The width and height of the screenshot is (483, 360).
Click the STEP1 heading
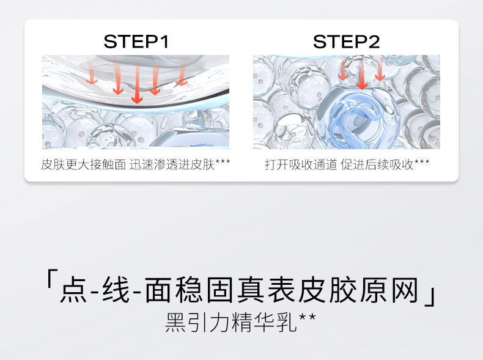136,42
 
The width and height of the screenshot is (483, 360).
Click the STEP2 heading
346,42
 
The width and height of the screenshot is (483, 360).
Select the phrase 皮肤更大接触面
84,164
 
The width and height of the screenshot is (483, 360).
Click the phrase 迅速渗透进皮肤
172,164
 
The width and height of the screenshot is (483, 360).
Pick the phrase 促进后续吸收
377,164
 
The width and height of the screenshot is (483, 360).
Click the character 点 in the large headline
73,290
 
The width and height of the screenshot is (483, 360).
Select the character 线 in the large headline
116,290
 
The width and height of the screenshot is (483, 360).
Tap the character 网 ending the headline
405,290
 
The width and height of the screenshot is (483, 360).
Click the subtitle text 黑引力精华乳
231,322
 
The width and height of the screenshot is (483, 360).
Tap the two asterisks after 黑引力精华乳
308,317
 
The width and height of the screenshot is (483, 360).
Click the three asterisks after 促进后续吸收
422,161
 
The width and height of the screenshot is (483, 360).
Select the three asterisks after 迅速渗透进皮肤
223,161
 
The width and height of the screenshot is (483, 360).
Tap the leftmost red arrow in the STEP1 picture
92,71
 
